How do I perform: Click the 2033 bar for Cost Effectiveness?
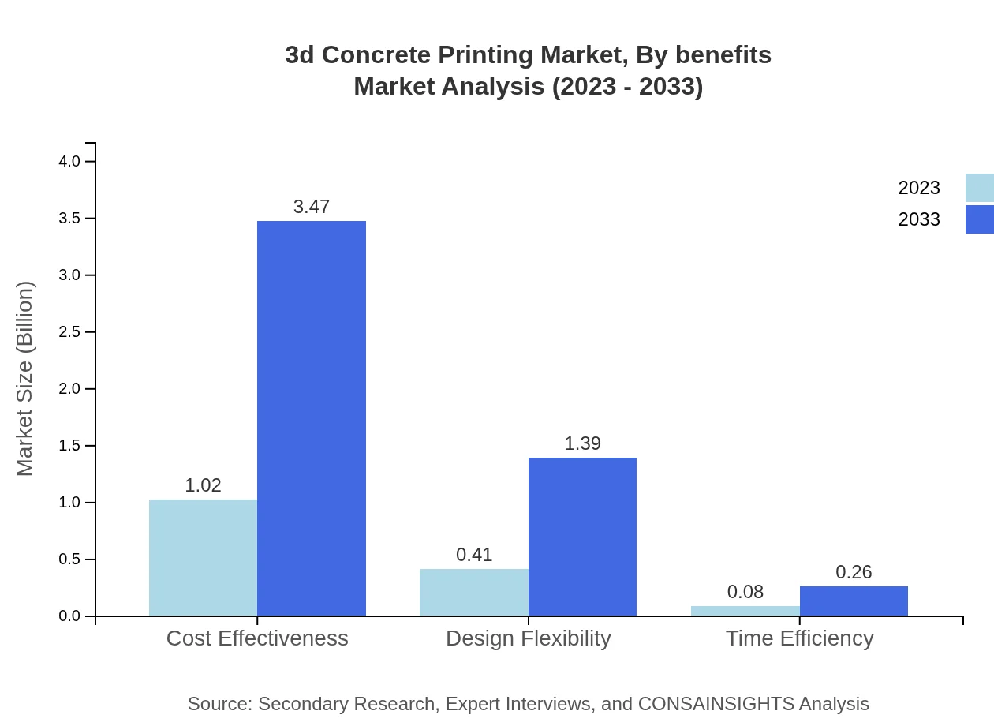pos(312,418)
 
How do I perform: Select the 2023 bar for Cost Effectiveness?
pos(203,557)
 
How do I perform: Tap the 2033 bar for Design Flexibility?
pos(582,537)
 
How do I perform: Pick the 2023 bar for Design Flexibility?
pos(473,592)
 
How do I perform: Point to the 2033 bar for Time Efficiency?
pos(854,601)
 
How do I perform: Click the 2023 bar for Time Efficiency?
pos(745,611)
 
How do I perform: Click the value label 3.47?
pos(312,207)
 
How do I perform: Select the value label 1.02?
pos(203,485)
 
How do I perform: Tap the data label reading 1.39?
pos(582,443)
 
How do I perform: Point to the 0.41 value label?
pos(474,555)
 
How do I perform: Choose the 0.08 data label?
pos(745,592)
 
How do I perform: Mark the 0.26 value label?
pos(854,572)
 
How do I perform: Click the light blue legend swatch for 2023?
pos(979,188)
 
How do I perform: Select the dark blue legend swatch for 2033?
pos(979,219)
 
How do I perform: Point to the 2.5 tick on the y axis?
pos(69,332)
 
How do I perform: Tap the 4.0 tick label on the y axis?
pos(69,162)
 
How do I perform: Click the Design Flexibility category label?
pos(528,638)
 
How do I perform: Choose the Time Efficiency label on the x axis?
pos(799,638)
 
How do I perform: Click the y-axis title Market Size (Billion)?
pos(24,379)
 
